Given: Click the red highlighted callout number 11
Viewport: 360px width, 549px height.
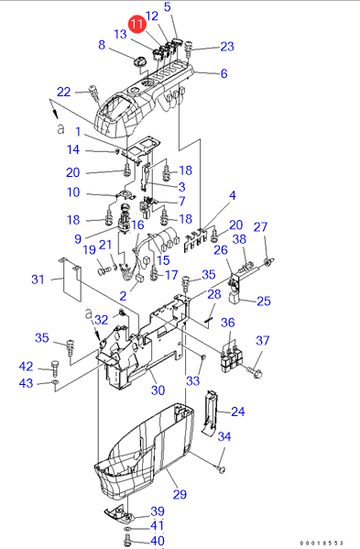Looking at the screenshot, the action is coord(137,24).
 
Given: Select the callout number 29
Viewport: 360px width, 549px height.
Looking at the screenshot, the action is coord(180,494).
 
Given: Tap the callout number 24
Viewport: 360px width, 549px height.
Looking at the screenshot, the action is coord(238,412).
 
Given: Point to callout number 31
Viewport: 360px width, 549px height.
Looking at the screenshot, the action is coord(38,279).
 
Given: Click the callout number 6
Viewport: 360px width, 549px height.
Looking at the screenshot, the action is coord(224,73).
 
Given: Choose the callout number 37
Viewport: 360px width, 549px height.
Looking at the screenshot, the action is coord(263,340).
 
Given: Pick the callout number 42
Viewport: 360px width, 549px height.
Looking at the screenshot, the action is coord(27,367).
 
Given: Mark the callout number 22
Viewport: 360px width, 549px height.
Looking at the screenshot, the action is coord(64,92).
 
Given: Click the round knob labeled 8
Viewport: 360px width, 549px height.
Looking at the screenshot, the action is coord(138,62).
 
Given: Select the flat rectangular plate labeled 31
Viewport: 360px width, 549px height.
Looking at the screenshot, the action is coord(71,280).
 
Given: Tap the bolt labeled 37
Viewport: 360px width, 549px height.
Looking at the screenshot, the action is coord(255,372).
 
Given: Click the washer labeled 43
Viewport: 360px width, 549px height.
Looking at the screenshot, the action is coord(55,381).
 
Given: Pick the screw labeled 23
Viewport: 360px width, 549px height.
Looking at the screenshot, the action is coord(189,48).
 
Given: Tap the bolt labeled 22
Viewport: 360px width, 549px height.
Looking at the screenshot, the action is coord(94,93).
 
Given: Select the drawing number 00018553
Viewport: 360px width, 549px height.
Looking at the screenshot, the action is coord(322,543).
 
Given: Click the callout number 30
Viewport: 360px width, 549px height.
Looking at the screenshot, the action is coord(158,390).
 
